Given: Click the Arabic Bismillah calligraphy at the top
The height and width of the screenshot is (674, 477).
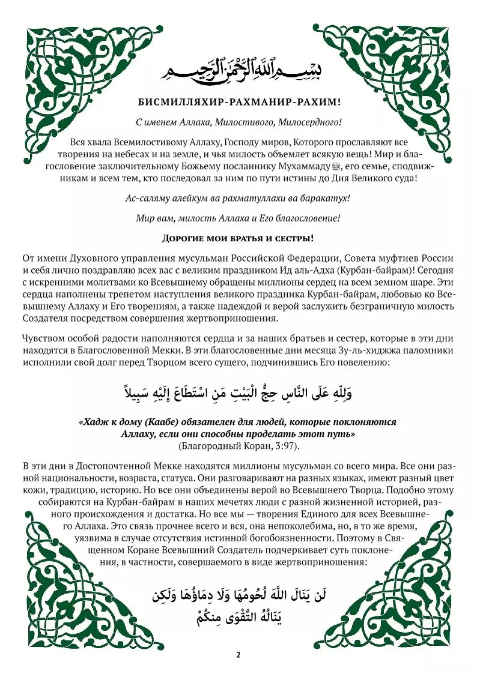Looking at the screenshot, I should tap(238, 70).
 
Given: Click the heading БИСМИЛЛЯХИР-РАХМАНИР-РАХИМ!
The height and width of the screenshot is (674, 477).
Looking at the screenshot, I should tap(239, 102).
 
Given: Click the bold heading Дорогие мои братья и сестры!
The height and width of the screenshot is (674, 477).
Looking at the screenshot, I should tap(239, 238).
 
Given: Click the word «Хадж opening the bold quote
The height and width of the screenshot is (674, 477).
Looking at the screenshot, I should tap(95, 422).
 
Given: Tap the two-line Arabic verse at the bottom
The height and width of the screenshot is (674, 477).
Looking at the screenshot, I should tap(239, 606).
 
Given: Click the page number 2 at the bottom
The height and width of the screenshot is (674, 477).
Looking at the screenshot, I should tap(239, 654).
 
